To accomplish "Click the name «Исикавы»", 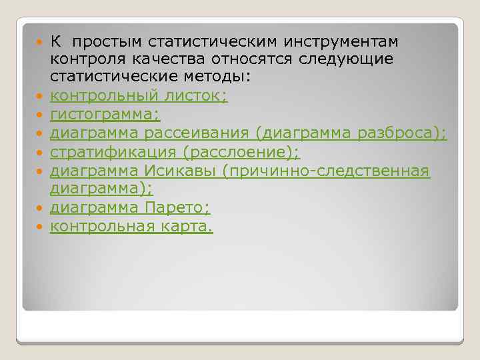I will coord(181,171).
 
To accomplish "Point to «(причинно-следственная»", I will coord(327,171).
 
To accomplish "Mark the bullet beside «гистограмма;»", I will coord(41,116).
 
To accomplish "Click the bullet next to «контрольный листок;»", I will coord(41,97).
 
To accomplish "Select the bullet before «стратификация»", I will coord(41,153).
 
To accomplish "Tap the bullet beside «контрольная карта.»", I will coord(41,227).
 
